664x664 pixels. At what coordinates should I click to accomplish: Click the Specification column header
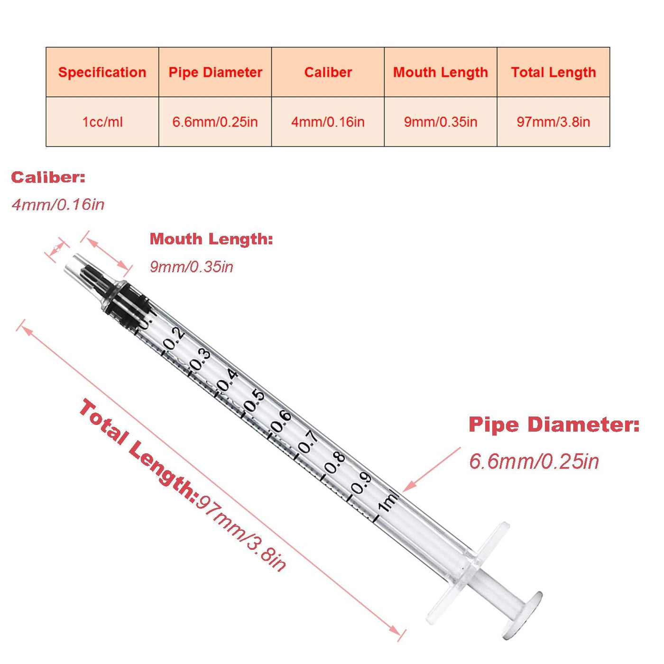[x=102, y=72]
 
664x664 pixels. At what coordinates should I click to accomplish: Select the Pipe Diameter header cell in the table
[x=215, y=72]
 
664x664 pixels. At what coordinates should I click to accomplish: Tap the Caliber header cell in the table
[x=328, y=72]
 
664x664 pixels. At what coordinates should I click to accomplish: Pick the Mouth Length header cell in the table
[x=440, y=72]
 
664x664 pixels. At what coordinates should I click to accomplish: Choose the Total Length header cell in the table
[x=553, y=72]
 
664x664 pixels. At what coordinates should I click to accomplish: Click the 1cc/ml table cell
[x=102, y=121]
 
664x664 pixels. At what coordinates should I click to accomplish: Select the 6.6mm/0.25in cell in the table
[x=215, y=121]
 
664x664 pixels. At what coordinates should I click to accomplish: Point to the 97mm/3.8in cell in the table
[x=553, y=121]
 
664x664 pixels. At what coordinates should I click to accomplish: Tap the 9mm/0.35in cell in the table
[x=440, y=121]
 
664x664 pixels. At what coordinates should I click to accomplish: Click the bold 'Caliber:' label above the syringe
[x=48, y=177]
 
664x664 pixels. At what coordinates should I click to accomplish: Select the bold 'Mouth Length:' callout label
[x=211, y=239]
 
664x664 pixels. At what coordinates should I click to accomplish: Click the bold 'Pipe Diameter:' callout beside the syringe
[x=554, y=424]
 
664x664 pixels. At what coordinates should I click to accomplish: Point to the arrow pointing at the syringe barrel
[x=432, y=469]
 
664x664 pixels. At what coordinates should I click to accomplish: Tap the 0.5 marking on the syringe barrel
[x=254, y=401]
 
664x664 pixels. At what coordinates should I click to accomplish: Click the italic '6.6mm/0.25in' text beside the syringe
[x=534, y=461]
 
